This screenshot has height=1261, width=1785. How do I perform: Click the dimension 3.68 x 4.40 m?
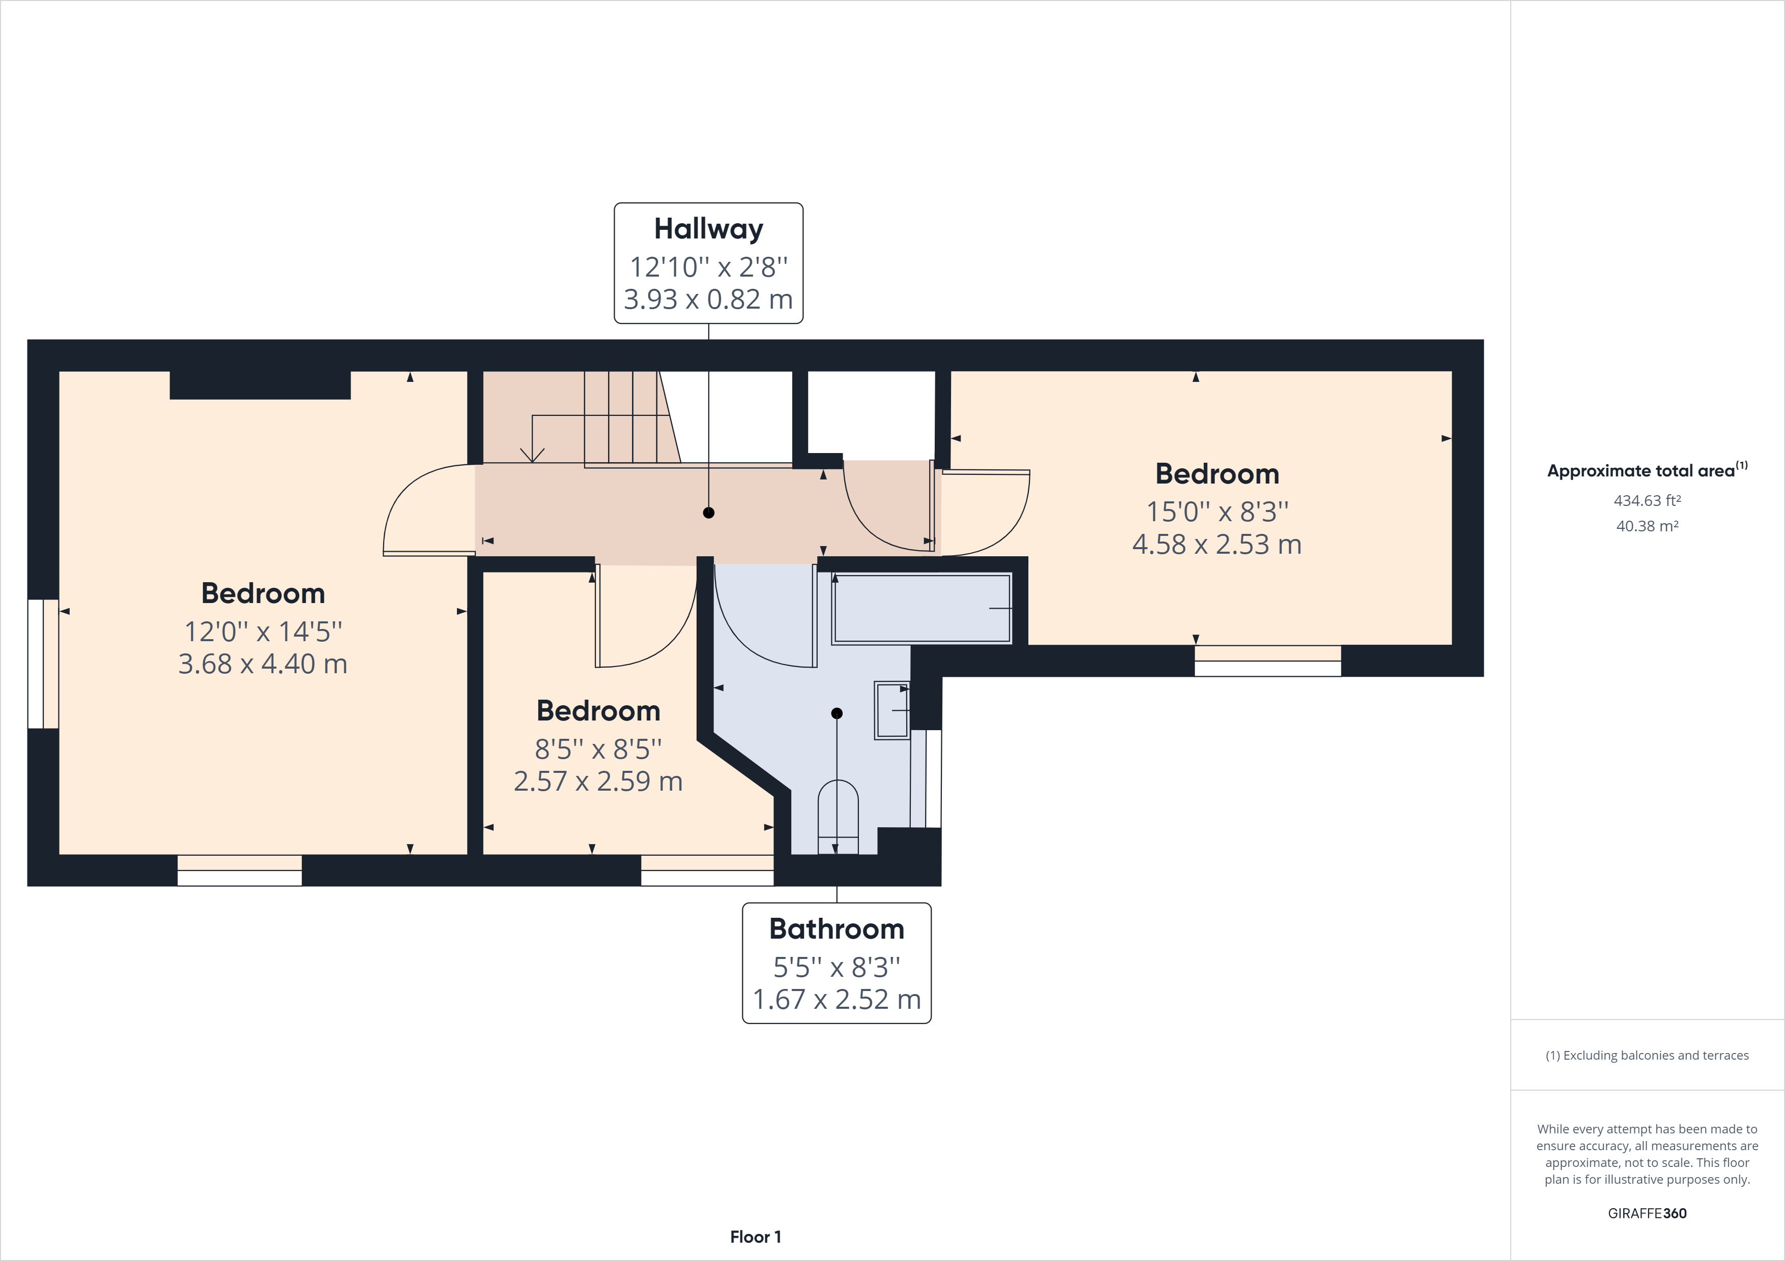[x=263, y=664]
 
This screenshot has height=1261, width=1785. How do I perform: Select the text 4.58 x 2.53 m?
[x=1217, y=545]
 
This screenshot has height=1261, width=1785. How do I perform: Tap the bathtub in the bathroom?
[x=922, y=608]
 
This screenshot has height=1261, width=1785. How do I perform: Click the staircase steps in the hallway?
[x=622, y=417]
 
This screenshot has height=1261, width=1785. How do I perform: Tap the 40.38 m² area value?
[x=1647, y=526]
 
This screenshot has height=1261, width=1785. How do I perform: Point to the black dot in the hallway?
[x=708, y=513]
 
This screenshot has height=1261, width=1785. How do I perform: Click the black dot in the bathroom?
[x=837, y=713]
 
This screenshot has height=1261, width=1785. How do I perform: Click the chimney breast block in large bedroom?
[x=260, y=385]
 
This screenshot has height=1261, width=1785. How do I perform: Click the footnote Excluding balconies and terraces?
[x=1647, y=1055]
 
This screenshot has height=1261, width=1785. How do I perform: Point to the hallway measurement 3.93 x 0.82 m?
[x=708, y=299]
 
